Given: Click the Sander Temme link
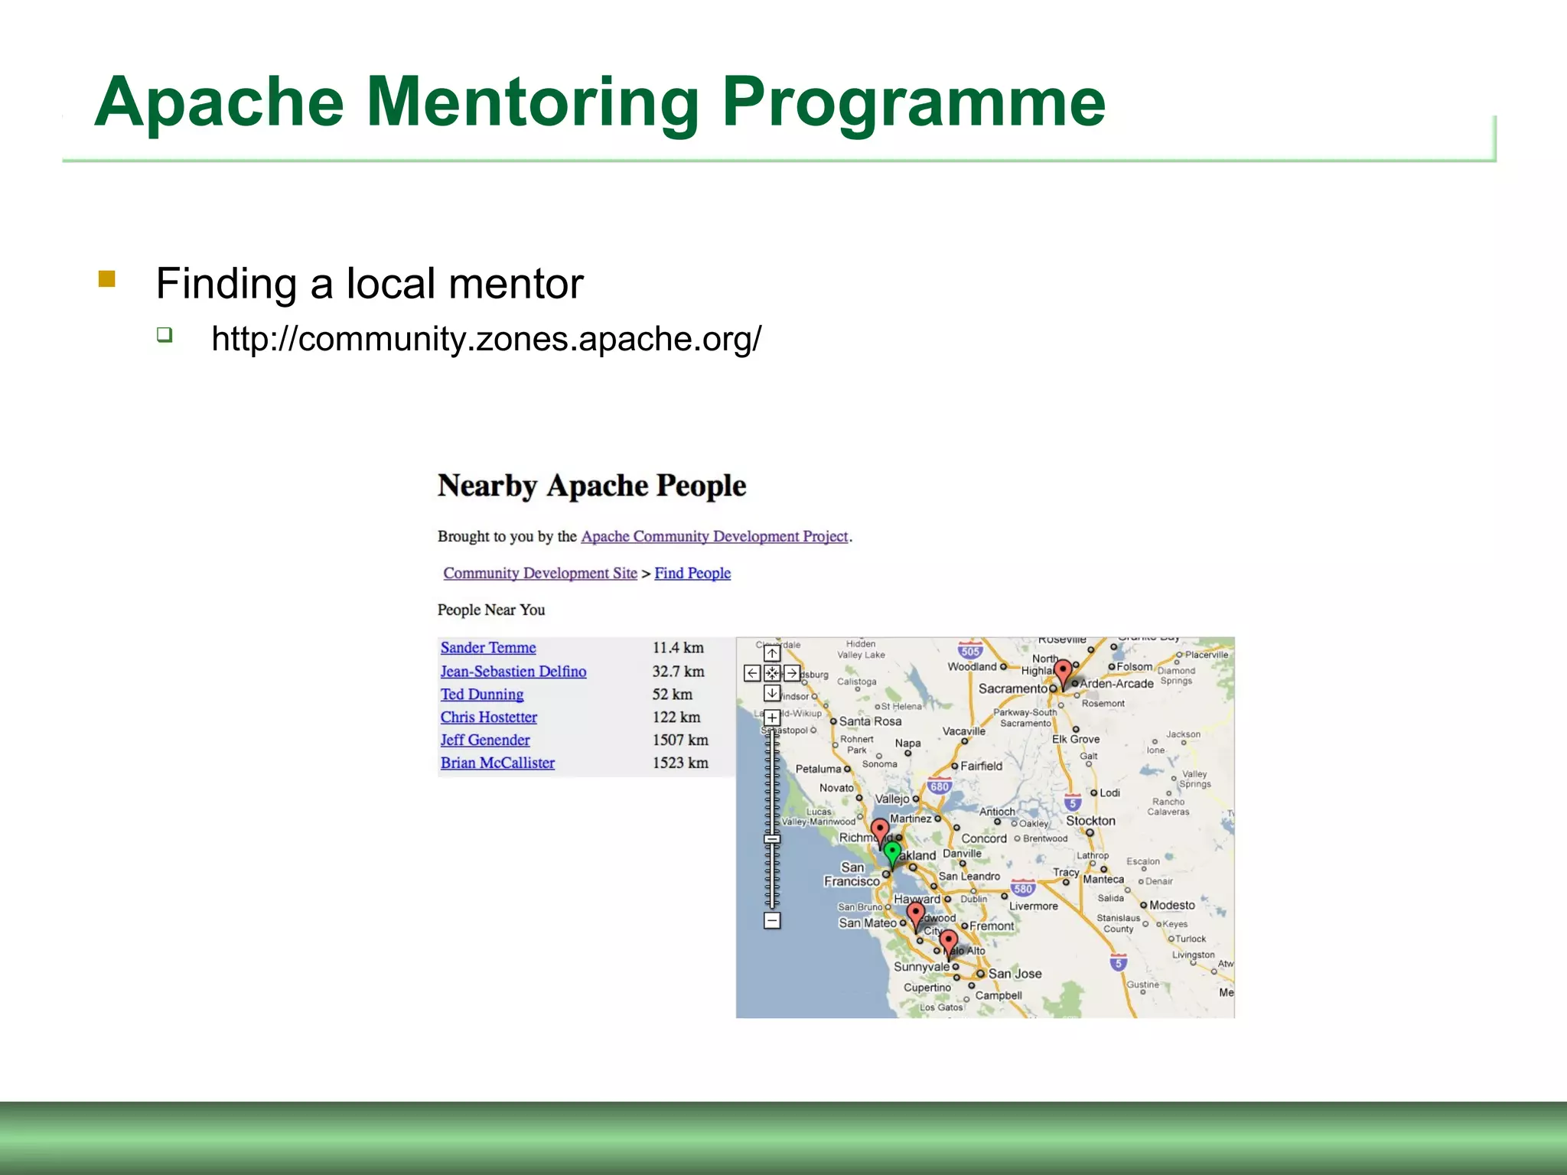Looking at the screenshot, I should tap(487, 648).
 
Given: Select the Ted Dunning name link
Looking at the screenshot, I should tap(481, 695).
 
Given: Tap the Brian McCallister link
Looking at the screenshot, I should tap(497, 763).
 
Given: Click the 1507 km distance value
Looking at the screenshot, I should tap(679, 740).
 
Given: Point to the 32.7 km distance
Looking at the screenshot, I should tap(678, 672).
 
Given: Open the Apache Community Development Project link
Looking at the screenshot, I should tap(714, 537).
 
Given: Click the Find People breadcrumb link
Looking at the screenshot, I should tap(692, 574).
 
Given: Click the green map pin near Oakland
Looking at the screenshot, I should tap(892, 851).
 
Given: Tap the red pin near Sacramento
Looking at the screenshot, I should tap(1063, 671).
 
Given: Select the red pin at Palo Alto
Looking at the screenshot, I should tap(948, 942).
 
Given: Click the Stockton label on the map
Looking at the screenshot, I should tap(1090, 821).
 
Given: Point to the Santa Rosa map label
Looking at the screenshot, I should tap(870, 721).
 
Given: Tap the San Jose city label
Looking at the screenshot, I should tap(1015, 974).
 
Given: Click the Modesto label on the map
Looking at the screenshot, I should tap(1171, 906).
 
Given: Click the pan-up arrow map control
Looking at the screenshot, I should tap(772, 654).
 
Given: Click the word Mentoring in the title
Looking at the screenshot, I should tap(533, 103).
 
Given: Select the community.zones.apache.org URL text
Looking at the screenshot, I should tap(486, 339).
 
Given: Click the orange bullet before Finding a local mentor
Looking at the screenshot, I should tap(107, 278).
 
